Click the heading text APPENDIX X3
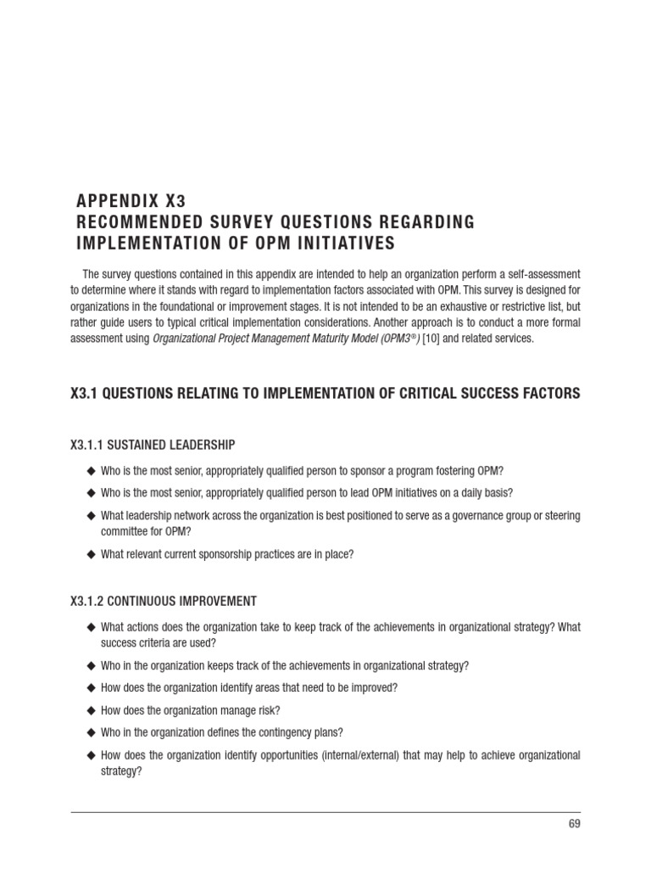coord(131,201)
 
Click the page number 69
coord(574,823)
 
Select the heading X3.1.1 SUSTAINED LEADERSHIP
coord(153,444)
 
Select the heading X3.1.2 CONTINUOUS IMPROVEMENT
coord(163,601)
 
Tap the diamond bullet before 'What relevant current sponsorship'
coord(91,554)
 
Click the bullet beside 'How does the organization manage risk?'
coord(91,709)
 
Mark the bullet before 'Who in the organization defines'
coord(91,732)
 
